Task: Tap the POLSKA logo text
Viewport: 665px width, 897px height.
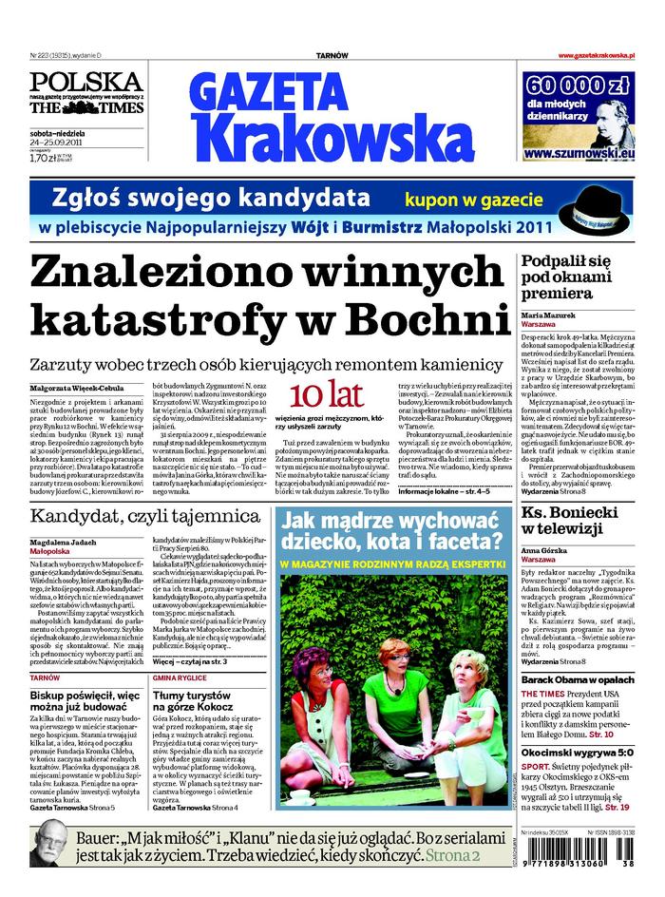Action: pos(85,81)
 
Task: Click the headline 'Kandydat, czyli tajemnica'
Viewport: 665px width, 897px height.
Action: pos(144,517)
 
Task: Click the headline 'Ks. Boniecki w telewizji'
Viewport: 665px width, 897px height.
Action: pos(579,521)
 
